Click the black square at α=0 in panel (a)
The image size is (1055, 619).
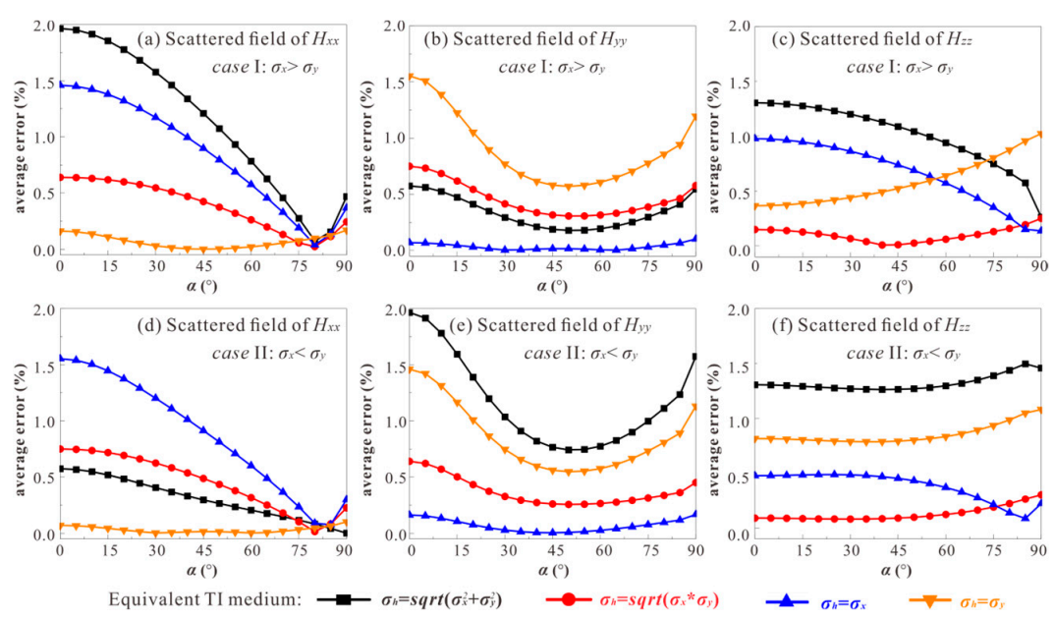(61, 28)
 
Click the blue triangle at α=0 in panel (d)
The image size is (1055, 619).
(61, 358)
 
